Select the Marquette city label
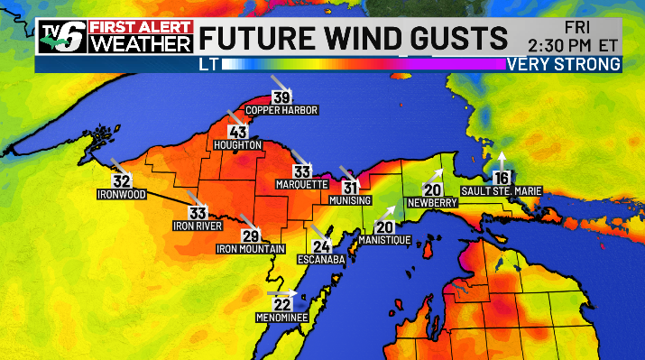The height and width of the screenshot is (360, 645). pyautogui.click(x=301, y=184)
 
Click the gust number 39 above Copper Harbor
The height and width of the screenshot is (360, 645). pyautogui.click(x=281, y=98)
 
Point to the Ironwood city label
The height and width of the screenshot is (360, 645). pyautogui.click(x=122, y=193)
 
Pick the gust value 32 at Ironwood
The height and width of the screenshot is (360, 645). pyautogui.click(x=123, y=180)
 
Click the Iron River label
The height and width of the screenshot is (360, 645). pyautogui.click(x=197, y=226)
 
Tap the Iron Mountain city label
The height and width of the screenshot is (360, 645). pyautogui.click(x=251, y=248)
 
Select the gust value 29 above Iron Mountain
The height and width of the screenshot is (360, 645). pyautogui.click(x=251, y=235)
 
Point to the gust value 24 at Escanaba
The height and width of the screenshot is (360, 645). pyautogui.click(x=321, y=246)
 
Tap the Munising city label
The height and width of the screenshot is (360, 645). pyautogui.click(x=350, y=199)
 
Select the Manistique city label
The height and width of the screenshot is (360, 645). pyautogui.click(x=384, y=240)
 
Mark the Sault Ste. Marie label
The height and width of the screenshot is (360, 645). pyautogui.click(x=501, y=189)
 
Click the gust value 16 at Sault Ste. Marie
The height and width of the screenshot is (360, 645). pyautogui.click(x=502, y=177)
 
